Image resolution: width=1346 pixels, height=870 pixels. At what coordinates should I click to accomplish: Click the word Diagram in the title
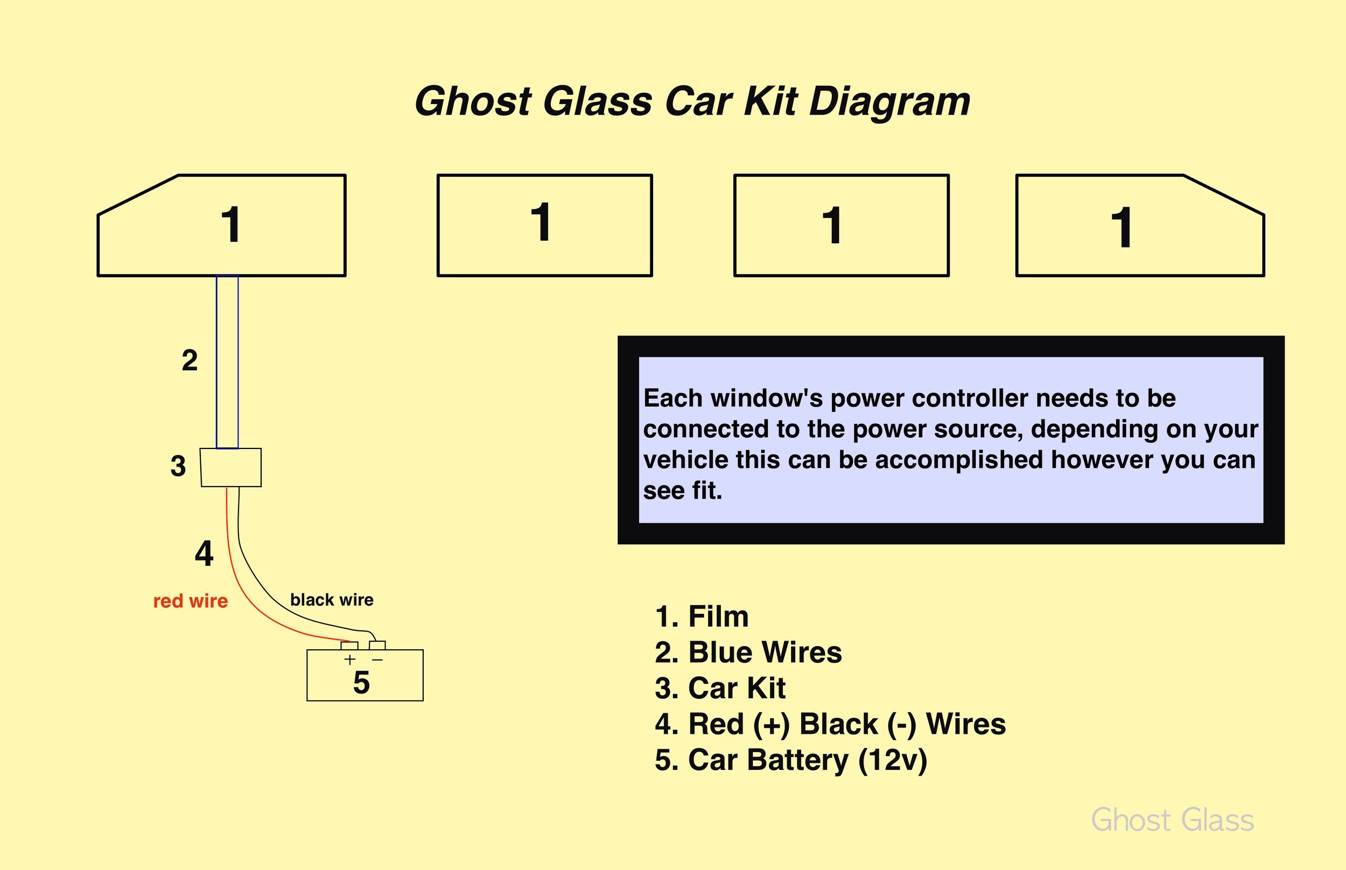tap(889, 103)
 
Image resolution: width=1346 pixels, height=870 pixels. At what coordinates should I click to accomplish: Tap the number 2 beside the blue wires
tap(190, 360)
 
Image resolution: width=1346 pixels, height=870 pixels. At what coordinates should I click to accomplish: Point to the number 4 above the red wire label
tap(204, 553)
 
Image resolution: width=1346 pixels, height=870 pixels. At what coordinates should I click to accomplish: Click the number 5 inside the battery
tap(361, 683)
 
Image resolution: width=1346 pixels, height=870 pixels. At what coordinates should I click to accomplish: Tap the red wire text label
tap(191, 600)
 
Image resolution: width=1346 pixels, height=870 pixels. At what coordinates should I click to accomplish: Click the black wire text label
tap(332, 599)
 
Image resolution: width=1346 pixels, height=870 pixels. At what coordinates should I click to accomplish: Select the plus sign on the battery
tap(349, 659)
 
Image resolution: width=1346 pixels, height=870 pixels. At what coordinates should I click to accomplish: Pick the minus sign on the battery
tap(378, 660)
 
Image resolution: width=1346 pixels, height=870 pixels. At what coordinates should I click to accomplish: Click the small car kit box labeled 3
tap(231, 467)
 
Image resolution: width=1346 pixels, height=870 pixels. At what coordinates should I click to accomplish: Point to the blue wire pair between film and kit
tap(227, 362)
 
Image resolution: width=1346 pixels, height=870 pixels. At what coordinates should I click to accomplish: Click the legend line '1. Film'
tap(702, 616)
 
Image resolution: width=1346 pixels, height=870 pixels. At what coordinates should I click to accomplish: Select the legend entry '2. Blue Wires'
tap(748, 652)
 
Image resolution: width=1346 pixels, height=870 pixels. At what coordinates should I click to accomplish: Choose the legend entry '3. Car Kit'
tap(720, 688)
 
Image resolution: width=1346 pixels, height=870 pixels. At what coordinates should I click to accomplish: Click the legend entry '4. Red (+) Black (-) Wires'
tap(830, 724)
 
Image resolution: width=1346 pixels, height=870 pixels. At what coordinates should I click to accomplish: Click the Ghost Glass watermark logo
tap(1173, 820)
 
